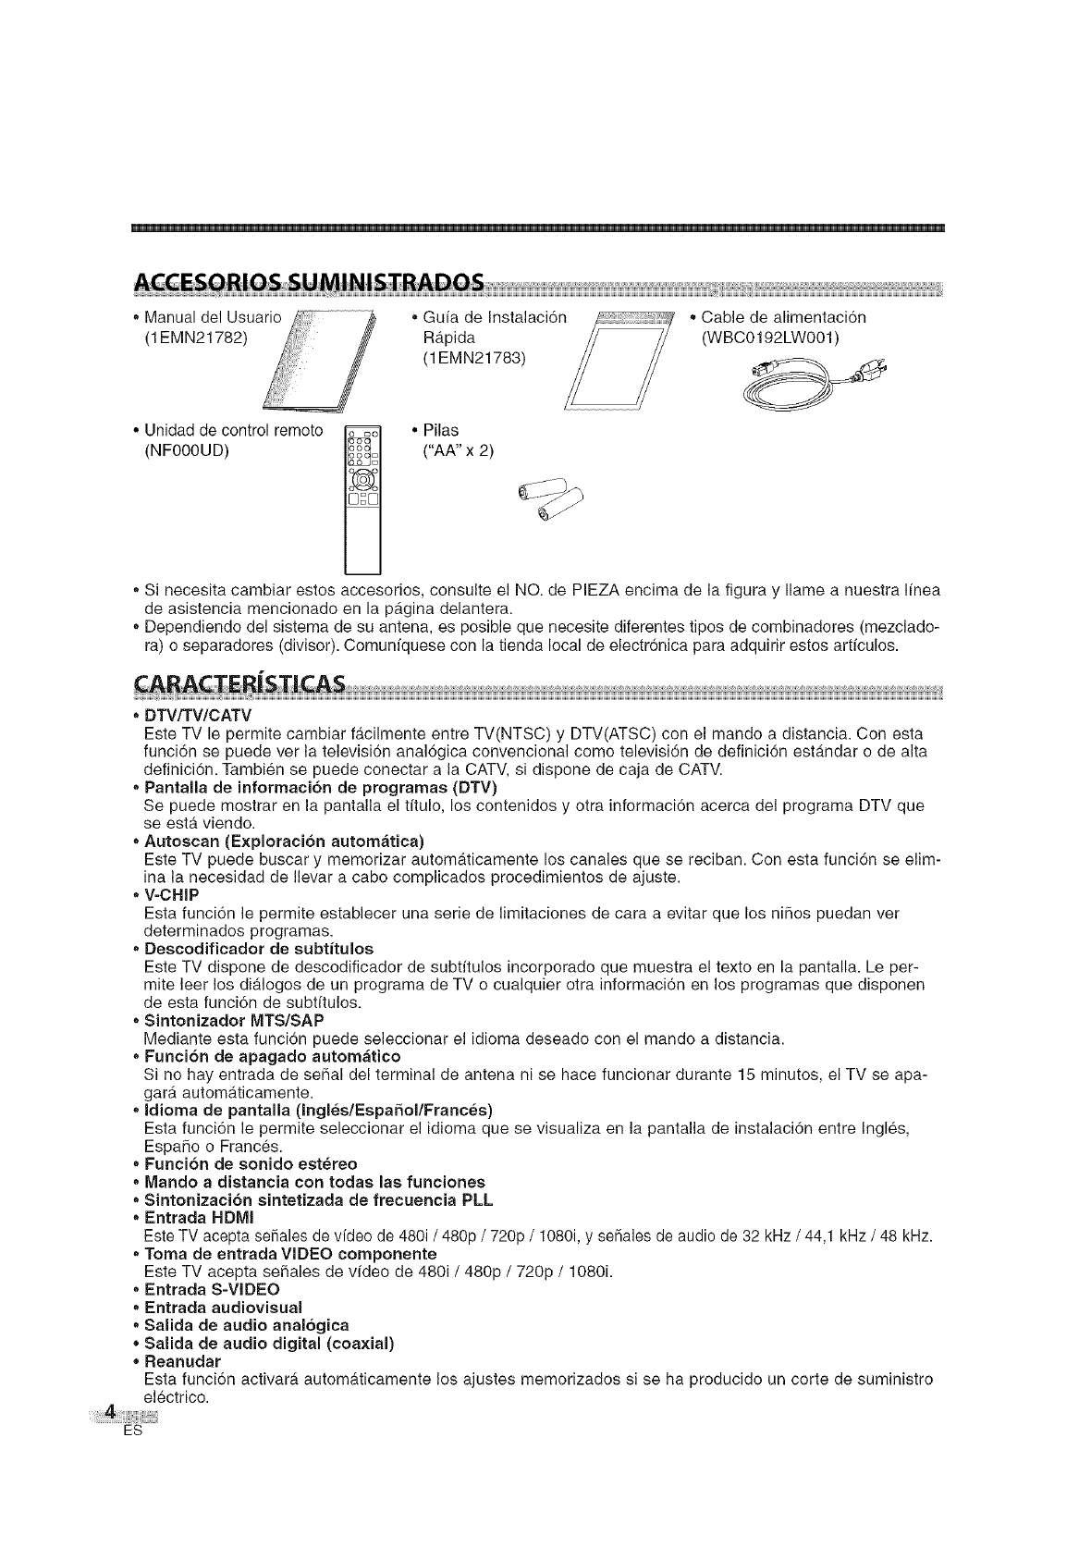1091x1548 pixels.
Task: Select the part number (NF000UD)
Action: (x=186, y=450)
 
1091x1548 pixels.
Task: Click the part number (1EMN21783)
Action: (x=473, y=357)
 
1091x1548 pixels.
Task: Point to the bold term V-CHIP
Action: (x=172, y=894)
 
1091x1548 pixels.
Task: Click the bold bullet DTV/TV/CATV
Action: (x=198, y=716)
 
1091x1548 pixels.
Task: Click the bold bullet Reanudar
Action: (x=183, y=1362)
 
